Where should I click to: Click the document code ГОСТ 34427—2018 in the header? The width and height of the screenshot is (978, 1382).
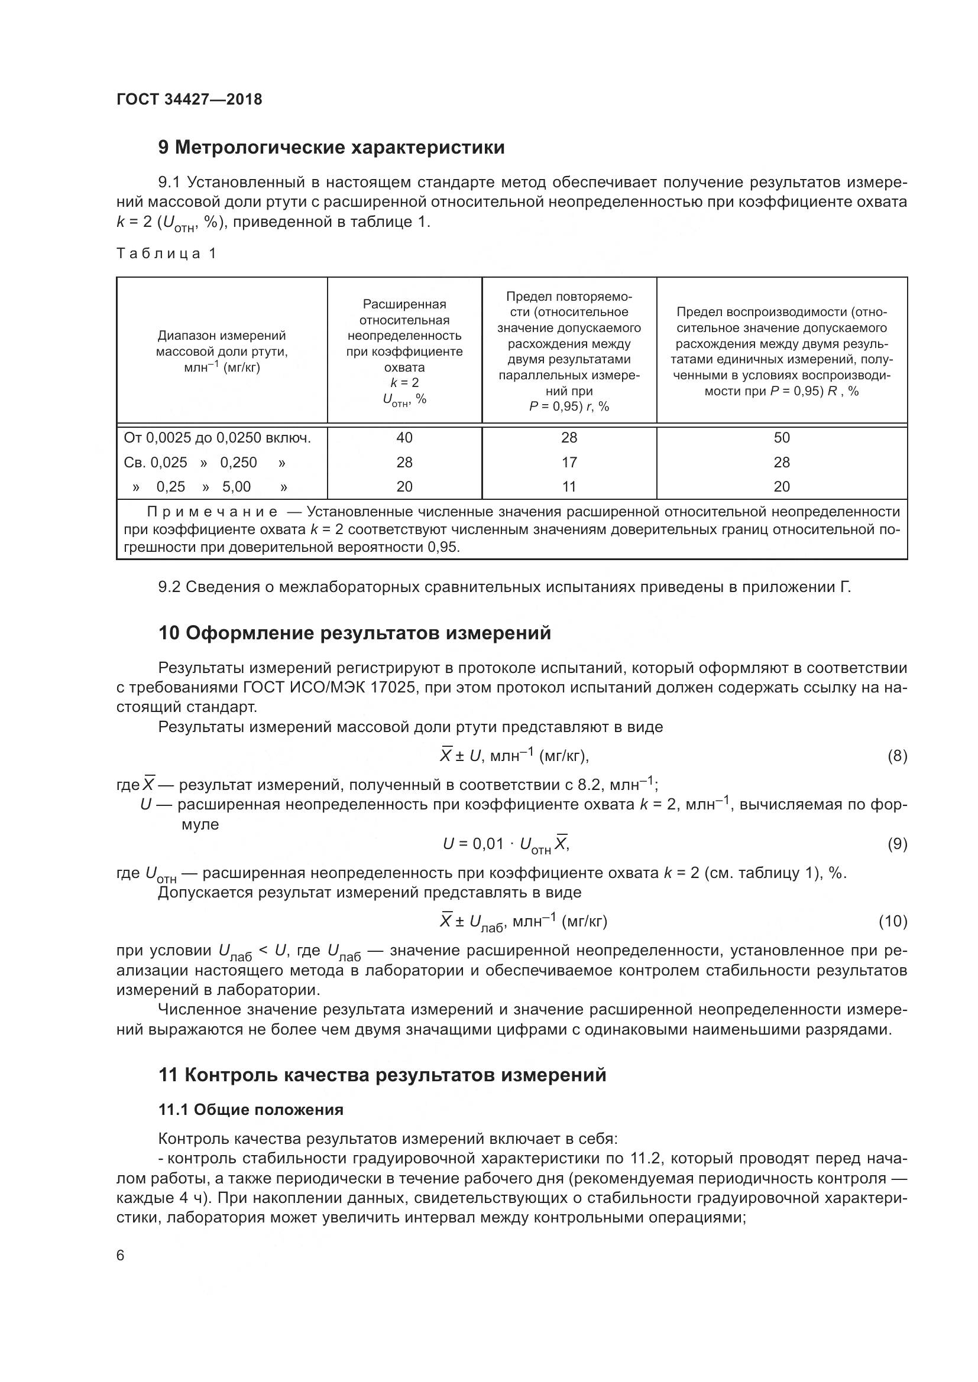pos(189,99)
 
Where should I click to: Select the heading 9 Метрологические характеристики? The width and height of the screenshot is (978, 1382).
pos(331,148)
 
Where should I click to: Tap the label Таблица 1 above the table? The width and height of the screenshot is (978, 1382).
pos(166,253)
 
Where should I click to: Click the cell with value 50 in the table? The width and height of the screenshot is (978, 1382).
pos(781,438)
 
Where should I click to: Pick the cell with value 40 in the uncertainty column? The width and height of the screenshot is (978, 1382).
pos(404,438)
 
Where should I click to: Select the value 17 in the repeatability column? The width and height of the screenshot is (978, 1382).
pos(568,462)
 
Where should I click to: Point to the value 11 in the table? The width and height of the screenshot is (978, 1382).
pos(568,486)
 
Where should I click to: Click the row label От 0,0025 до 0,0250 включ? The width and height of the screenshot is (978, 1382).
pos(218,438)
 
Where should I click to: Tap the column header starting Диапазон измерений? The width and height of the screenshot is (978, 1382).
pos(222,351)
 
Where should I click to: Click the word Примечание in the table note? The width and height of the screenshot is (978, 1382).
pos(213,512)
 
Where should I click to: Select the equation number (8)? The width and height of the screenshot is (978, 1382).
pos(897,756)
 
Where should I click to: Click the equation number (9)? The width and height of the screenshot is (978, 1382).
pos(897,844)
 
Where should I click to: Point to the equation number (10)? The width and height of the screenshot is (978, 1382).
pos(893,921)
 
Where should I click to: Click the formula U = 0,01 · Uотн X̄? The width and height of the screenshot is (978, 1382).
pos(506,844)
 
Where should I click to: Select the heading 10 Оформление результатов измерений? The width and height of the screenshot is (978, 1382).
pos(355,633)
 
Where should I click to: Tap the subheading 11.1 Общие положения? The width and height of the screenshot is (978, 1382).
pos(251,1110)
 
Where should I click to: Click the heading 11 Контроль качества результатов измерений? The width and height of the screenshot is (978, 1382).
pos(383,1075)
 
